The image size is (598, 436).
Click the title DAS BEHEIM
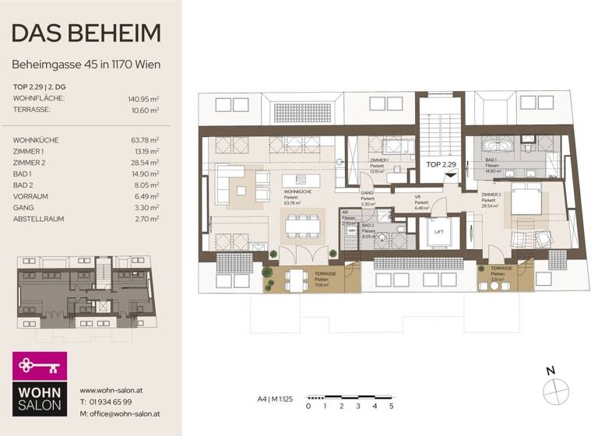click(86, 33)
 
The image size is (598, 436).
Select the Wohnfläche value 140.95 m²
click(143, 100)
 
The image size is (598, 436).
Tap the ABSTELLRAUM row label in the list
click(39, 219)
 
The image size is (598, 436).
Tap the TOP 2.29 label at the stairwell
click(441, 165)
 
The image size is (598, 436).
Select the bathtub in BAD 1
click(494, 145)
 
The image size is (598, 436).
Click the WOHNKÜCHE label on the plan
click(294, 192)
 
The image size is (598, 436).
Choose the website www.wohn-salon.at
click(109, 390)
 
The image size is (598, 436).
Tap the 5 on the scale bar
click(391, 406)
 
